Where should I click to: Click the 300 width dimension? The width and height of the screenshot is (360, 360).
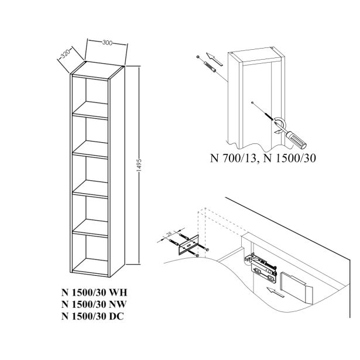click(x=107, y=43)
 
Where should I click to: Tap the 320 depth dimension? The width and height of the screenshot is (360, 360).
click(x=65, y=56)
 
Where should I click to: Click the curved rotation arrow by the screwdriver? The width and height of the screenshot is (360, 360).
click(x=280, y=122)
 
